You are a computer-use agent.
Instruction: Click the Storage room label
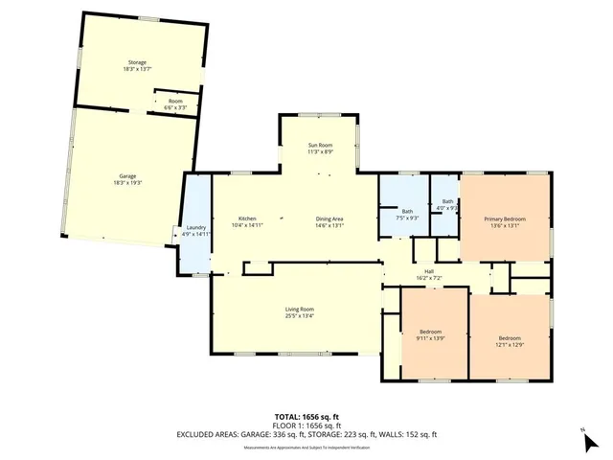[138, 65]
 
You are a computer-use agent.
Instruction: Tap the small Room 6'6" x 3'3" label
[175, 104]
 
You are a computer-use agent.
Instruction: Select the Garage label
[127, 181]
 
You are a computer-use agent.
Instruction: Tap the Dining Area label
[329, 222]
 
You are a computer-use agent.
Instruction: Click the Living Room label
[300, 312]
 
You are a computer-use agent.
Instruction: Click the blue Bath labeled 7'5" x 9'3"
[407, 215]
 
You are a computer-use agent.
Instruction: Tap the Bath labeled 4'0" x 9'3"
[447, 205]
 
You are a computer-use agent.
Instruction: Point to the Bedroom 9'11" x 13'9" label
[433, 335]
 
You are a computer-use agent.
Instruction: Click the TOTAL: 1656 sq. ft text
[306, 416]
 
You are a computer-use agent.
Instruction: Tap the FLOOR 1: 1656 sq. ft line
[306, 425]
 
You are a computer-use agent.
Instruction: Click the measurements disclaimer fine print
[306, 447]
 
